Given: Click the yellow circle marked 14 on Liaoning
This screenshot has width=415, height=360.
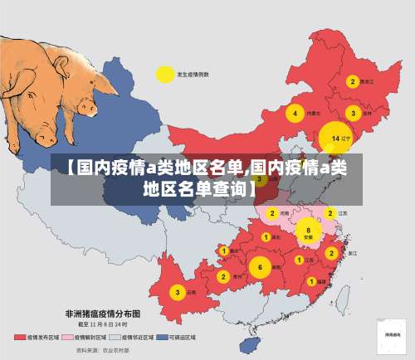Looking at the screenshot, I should point(334,138).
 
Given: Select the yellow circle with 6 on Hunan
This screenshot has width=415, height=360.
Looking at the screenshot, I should point(260,267).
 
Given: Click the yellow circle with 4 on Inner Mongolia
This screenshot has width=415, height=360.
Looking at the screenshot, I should point(294,113).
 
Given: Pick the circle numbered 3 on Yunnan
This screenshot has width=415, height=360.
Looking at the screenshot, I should point(177,292).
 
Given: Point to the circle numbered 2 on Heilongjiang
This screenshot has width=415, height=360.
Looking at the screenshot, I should point(353,81).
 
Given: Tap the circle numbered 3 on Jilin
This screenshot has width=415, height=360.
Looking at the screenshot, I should point(354,113).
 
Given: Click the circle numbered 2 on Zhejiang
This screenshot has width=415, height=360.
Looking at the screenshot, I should point(331,252).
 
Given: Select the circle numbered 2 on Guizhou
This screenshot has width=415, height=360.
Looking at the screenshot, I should point(222,276).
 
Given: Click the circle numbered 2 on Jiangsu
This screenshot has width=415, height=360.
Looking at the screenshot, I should point(330,213).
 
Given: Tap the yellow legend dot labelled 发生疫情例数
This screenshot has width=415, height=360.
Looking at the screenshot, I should point(164,74).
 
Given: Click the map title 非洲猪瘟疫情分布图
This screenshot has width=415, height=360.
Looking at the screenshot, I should point(103,314).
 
